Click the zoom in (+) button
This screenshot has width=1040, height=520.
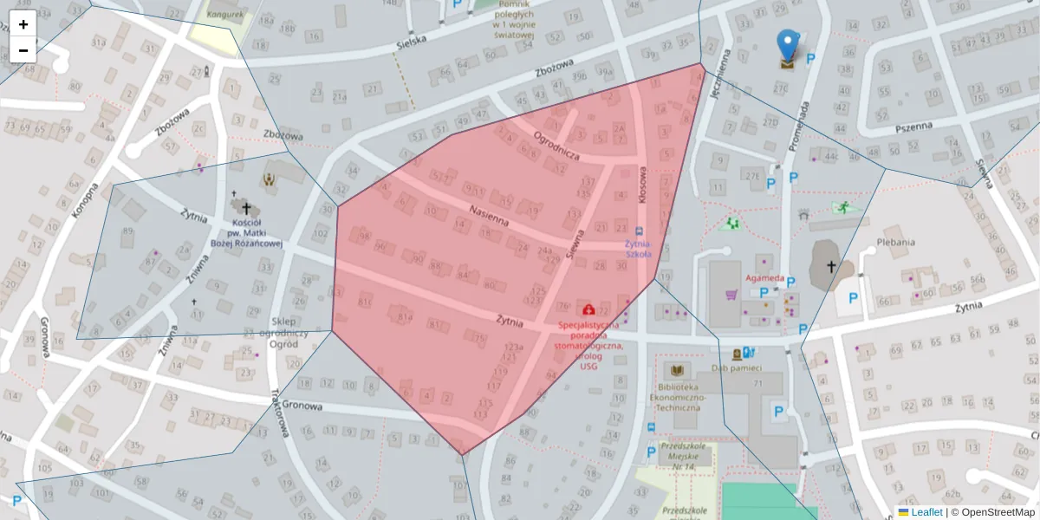pos(23,24)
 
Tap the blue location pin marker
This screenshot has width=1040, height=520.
pos(787,46)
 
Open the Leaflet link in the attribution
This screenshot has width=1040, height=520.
pos(926,512)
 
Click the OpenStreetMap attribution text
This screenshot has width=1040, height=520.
pos(998,512)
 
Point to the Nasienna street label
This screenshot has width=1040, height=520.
pos(488,216)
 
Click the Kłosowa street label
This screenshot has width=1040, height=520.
pos(643,185)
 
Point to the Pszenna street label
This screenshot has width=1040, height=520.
pos(913,126)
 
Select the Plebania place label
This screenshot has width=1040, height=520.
pos(895,242)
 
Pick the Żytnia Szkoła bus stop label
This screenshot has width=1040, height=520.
pos(638,250)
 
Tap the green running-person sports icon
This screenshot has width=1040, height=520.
pos(841,207)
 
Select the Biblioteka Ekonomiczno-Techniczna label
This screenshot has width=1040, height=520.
pos(679,394)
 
